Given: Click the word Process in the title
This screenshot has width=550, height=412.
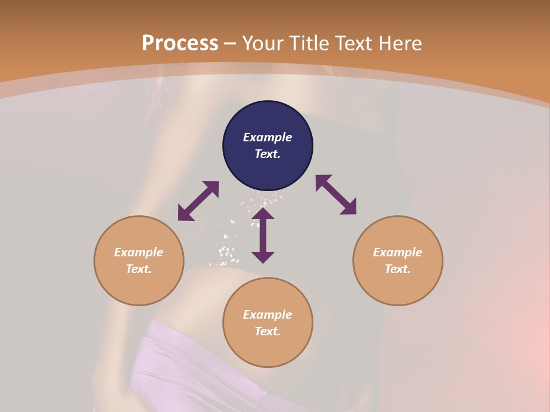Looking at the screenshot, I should point(180,43).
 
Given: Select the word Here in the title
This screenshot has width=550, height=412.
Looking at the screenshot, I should point(399,43).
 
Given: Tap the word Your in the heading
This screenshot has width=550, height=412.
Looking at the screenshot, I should point(263,43).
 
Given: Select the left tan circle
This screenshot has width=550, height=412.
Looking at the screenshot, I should point(139,286).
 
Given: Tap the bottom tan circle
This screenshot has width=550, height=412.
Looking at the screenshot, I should point(268,349).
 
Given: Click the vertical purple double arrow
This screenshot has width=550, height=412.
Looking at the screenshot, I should point(263,235).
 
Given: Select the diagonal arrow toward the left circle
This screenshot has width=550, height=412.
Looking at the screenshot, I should point(198,201).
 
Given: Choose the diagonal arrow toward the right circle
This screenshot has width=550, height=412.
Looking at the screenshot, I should point(336,195).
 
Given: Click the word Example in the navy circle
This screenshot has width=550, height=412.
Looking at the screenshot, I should point(268,137).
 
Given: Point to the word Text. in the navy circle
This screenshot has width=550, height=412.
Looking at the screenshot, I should point(268,154).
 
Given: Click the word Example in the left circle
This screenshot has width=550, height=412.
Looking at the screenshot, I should point(139,252).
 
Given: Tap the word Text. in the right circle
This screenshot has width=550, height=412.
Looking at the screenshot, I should point(398,269).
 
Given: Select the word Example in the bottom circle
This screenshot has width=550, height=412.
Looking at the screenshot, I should point(268,315).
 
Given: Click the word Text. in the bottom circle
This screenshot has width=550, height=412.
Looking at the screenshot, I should point(268,331).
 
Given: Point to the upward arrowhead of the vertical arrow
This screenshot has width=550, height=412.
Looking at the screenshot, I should point(263,213).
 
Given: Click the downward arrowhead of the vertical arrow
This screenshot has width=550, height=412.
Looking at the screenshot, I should point(263,257).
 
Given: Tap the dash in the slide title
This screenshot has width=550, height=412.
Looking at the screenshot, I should point(230,43).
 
